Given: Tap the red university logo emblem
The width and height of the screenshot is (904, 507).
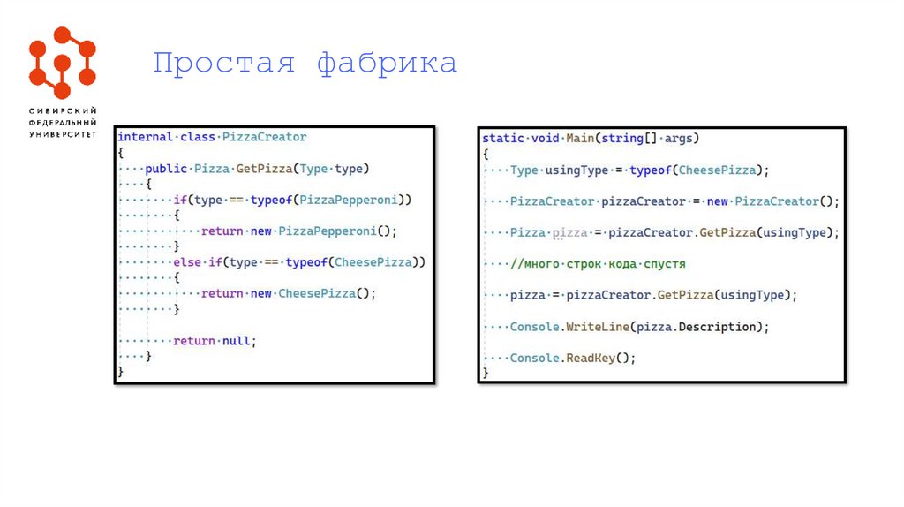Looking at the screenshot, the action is click(x=62, y=62).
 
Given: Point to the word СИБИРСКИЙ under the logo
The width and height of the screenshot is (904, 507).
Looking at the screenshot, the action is click(x=62, y=110).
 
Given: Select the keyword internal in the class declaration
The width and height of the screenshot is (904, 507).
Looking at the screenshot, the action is click(x=146, y=137).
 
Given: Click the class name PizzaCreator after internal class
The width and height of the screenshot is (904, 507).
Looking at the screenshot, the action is click(x=264, y=137).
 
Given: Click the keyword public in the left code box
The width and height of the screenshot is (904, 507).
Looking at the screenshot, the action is click(x=166, y=169).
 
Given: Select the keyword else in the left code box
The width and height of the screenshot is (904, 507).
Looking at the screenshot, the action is click(x=187, y=262).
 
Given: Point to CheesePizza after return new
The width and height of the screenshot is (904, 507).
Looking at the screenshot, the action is click(x=316, y=294).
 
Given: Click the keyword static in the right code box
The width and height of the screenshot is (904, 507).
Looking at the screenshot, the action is click(x=502, y=139).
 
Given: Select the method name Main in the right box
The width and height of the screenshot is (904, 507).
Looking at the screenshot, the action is click(x=580, y=139).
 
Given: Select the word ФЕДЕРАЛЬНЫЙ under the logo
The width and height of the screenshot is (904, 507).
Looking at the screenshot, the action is click(x=62, y=122).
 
